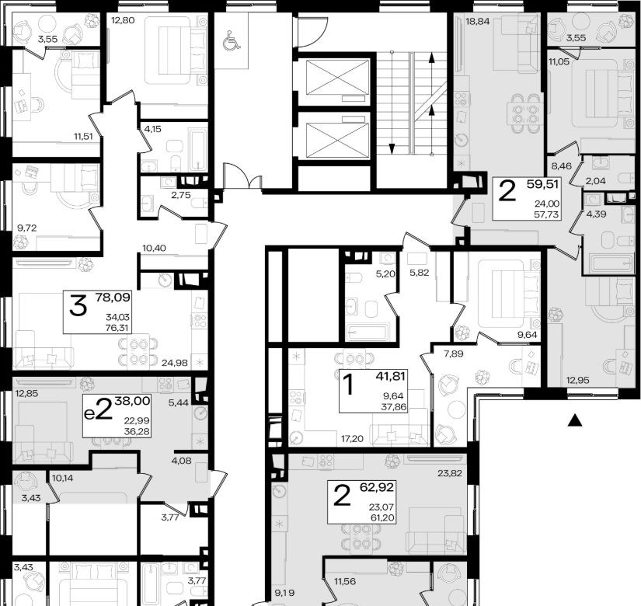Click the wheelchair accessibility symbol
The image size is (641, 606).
[x=232, y=40]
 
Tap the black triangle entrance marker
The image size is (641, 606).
[x=575, y=420]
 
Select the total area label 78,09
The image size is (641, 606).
[x=113, y=298]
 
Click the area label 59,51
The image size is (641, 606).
[x=542, y=184]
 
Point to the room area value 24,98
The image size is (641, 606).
[x=175, y=363]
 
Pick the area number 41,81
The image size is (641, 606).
[x=390, y=376]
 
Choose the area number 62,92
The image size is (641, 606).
[x=377, y=487]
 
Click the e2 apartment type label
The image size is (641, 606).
[x=98, y=409]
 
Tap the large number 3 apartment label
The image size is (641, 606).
[x=78, y=305]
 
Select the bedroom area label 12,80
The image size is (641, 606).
[x=123, y=20]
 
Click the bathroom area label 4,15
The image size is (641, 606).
[x=152, y=129]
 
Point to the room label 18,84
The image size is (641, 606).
[x=478, y=21]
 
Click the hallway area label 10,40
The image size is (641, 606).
[x=154, y=248]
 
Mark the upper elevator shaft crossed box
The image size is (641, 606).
[x=337, y=78]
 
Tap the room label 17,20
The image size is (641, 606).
[x=353, y=439]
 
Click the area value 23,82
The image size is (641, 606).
[x=450, y=473]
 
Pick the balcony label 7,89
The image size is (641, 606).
[x=454, y=354]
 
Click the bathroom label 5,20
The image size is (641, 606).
[x=385, y=273]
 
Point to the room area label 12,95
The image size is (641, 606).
[x=577, y=380]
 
